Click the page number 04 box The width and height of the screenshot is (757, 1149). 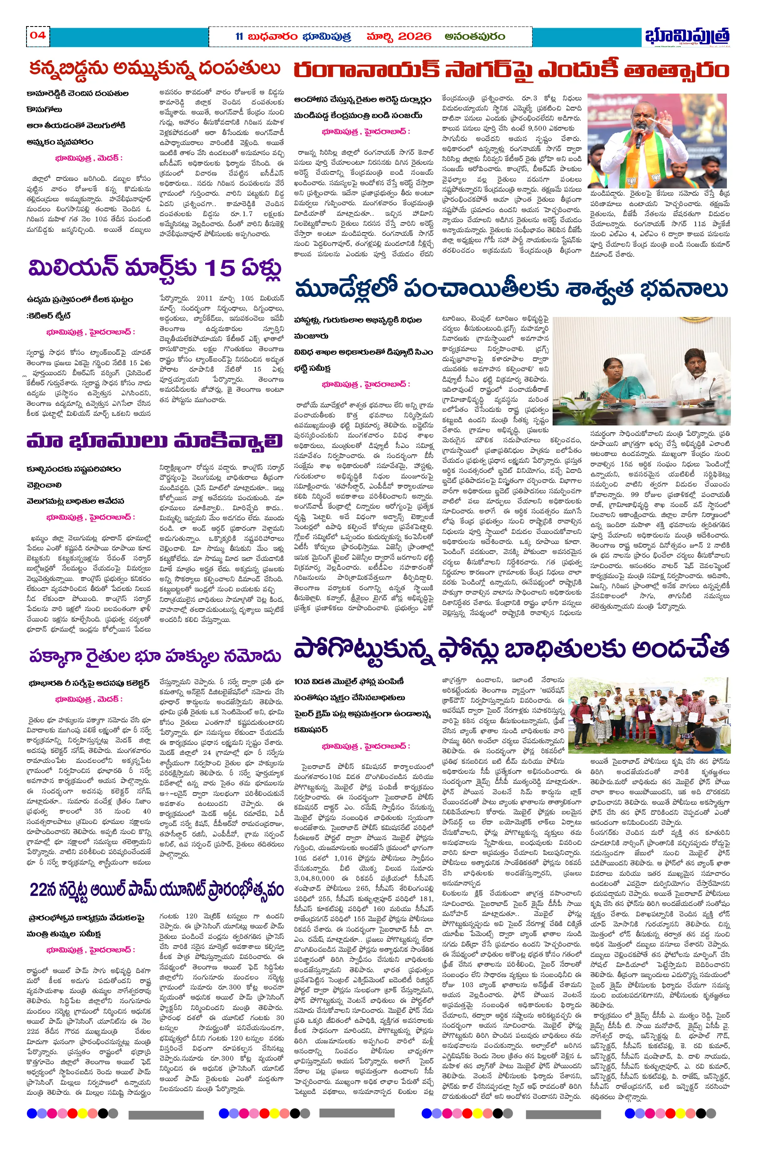coord(38,35)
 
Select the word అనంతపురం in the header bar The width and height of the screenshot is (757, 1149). coord(475,37)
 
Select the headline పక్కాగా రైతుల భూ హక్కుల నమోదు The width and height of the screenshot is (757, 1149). coord(155,656)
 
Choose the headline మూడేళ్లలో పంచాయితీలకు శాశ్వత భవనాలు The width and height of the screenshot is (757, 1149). coord(511,289)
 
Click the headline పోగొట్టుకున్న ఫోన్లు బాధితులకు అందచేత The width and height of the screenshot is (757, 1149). coord(511,649)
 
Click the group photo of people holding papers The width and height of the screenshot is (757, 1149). coord(649,715)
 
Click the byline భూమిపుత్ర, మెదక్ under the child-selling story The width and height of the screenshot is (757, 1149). coord(89,158)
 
